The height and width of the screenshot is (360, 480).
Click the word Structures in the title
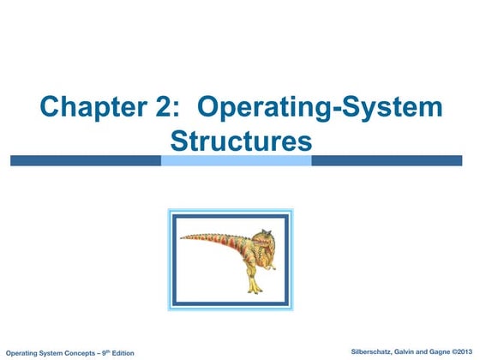click(x=240, y=140)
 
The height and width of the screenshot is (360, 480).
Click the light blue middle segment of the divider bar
click(x=236, y=160)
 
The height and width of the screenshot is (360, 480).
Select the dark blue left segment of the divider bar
click(x=86, y=160)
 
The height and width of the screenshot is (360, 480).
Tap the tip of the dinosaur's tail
click(x=181, y=237)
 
